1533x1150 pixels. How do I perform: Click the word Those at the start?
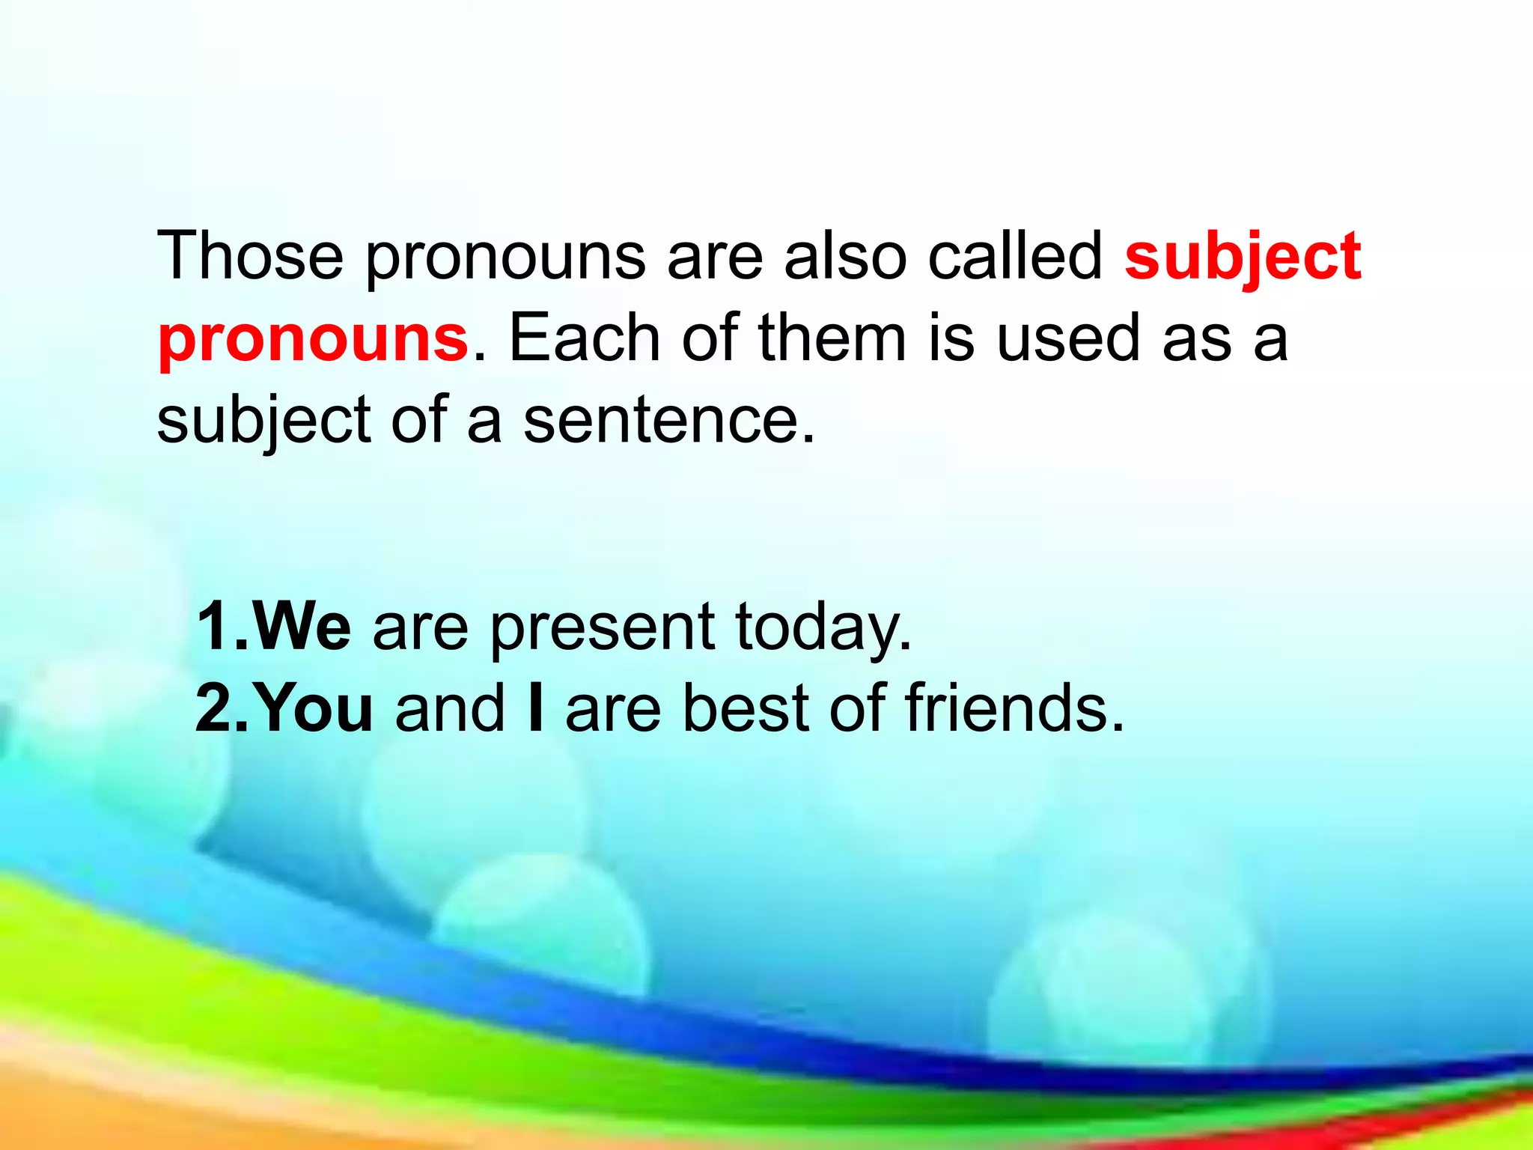coord(250,256)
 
